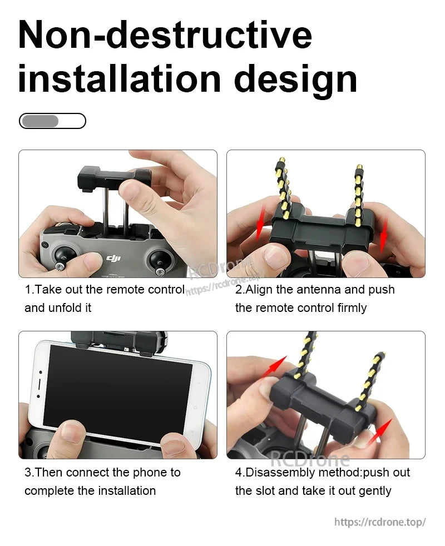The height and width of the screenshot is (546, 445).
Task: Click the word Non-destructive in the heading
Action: tap(165, 34)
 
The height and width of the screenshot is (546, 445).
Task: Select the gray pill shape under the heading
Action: tap(39, 121)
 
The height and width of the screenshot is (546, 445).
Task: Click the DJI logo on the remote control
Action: tap(113, 259)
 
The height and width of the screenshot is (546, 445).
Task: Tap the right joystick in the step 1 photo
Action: tap(161, 260)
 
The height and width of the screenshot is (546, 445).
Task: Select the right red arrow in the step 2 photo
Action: tap(383, 232)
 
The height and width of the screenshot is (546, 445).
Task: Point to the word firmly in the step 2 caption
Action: tap(349, 308)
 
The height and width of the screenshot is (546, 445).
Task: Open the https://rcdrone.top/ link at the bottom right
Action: tap(379, 522)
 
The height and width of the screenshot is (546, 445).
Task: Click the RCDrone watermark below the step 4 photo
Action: tap(309, 459)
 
